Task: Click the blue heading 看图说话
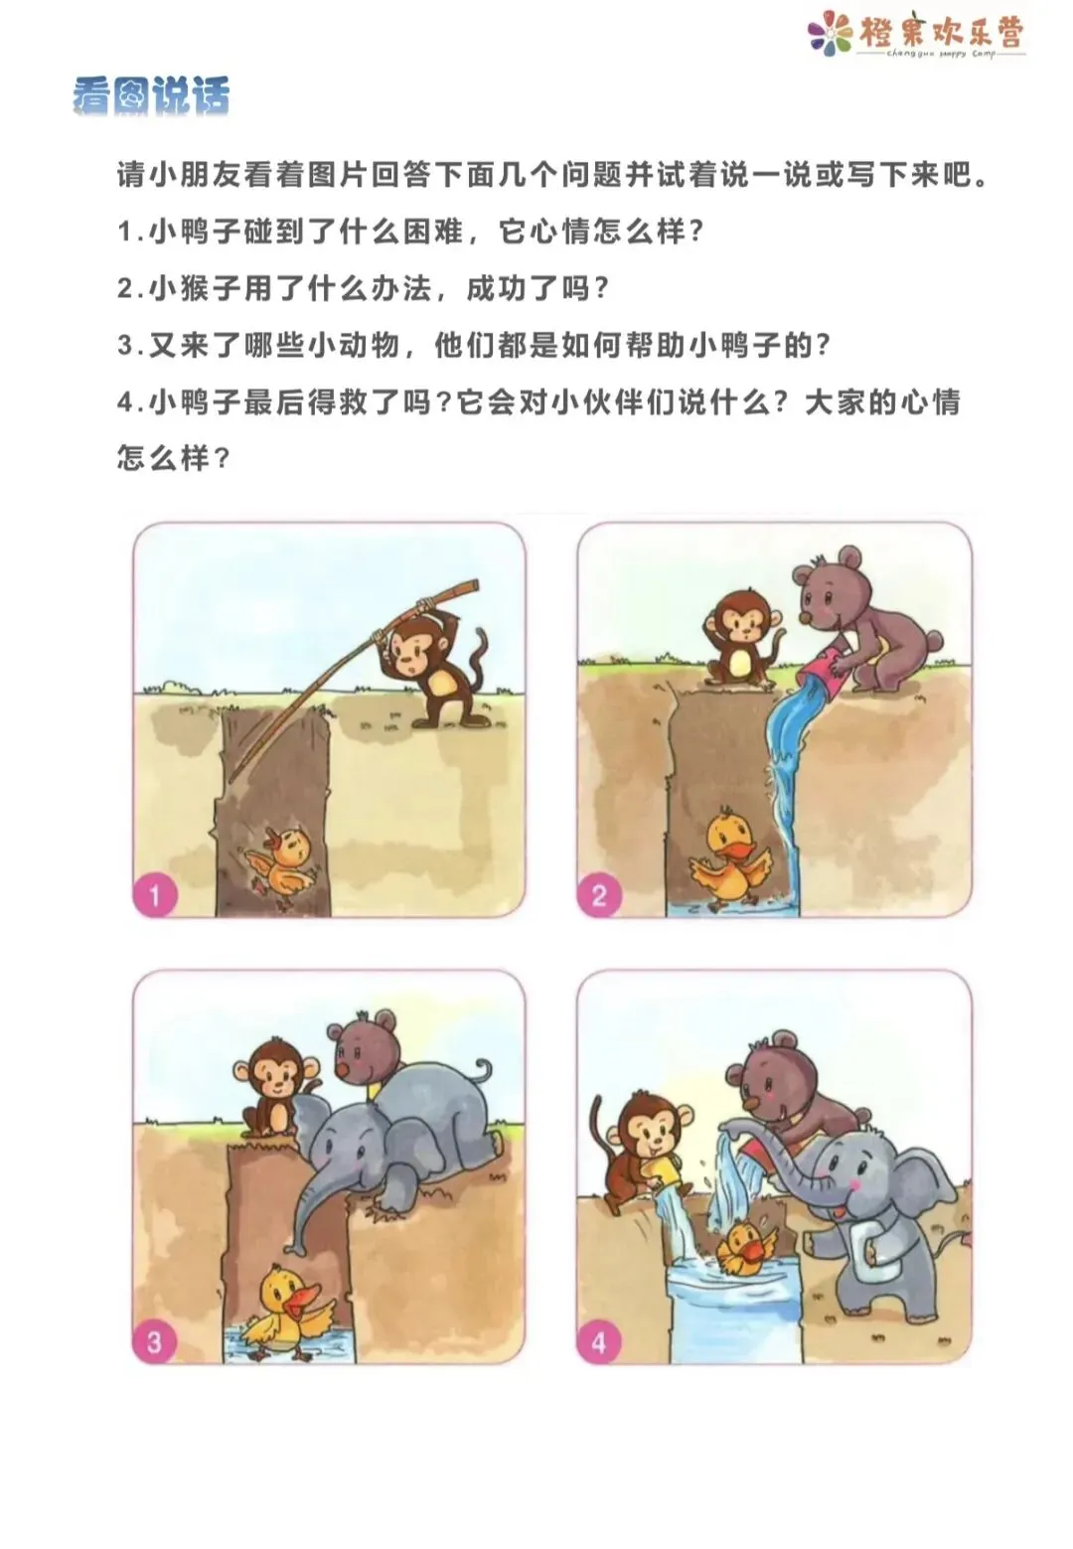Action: pyautogui.click(x=151, y=95)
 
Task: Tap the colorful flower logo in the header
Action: pyautogui.click(x=830, y=32)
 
